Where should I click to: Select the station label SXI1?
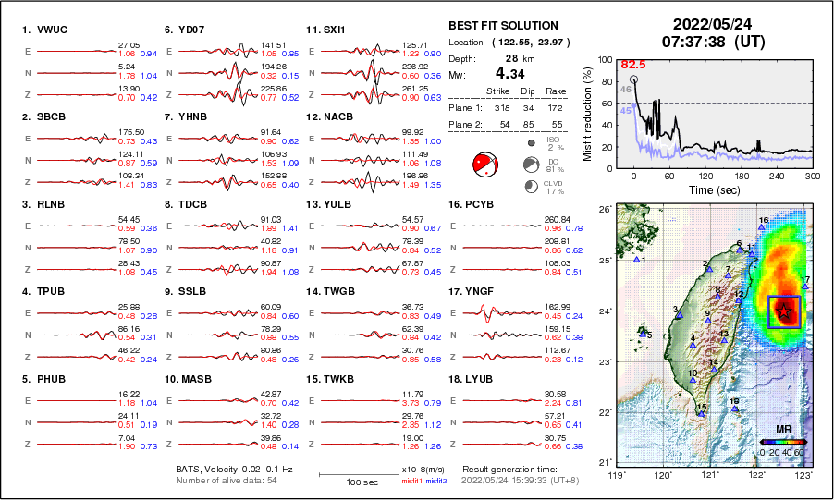coord(333,30)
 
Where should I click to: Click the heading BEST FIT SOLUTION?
coord(503,26)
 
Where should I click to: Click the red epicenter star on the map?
coord(784,311)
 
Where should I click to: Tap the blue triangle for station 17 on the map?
coord(805,287)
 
